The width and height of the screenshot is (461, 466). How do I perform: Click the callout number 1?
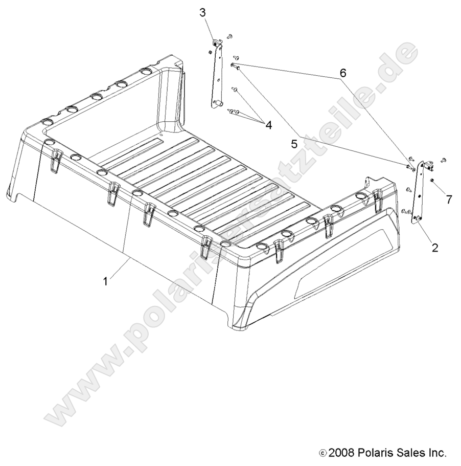106,281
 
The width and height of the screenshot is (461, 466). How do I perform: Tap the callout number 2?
435,248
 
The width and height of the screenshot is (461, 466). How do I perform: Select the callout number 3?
203,12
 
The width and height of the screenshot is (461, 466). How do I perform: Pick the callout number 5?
294,145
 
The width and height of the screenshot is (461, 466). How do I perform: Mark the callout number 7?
449,199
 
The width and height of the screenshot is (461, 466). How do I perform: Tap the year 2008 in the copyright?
339,453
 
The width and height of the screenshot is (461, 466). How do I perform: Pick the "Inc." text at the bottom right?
437,453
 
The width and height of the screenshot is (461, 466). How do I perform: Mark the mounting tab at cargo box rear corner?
368,183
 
